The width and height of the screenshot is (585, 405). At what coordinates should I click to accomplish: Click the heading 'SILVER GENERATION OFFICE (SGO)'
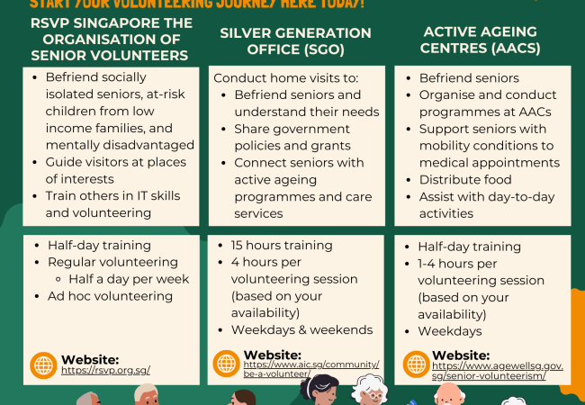[295, 40]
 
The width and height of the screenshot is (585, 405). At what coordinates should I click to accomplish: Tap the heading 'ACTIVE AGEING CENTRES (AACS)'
[481, 40]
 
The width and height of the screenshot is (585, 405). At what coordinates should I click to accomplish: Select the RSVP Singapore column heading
[99, 40]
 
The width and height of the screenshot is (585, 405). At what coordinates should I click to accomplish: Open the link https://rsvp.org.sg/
[105, 370]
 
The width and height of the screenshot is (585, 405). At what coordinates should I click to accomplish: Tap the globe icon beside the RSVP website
[43, 364]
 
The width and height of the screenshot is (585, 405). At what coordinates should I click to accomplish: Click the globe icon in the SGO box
[227, 363]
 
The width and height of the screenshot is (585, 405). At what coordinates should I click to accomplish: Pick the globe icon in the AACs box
[416, 364]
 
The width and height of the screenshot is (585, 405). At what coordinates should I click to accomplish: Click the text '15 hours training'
[282, 246]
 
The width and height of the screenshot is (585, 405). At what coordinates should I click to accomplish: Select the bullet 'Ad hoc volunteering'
[110, 296]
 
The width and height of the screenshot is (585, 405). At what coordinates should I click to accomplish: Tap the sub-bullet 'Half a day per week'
[129, 279]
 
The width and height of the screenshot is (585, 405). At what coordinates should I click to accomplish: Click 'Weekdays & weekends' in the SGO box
[301, 329]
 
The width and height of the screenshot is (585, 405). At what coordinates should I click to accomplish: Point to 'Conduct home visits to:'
[285, 78]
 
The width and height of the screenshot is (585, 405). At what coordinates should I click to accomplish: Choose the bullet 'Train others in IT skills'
[112, 197]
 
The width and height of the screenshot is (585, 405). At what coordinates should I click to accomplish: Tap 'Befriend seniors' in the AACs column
[469, 78]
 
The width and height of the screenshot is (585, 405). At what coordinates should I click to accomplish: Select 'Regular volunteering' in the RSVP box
[112, 262]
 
